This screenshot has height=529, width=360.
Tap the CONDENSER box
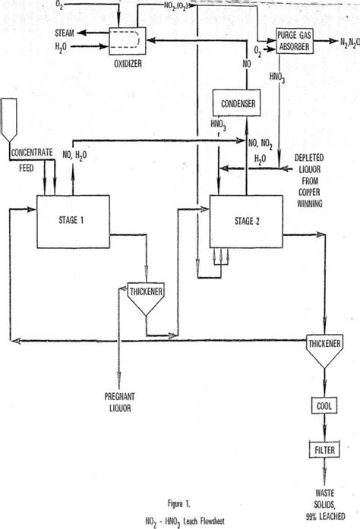235,103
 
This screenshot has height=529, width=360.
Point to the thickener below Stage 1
147,297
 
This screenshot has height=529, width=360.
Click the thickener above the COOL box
324,346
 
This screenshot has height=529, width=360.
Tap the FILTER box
324,453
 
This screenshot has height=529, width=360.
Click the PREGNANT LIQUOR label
118,400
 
